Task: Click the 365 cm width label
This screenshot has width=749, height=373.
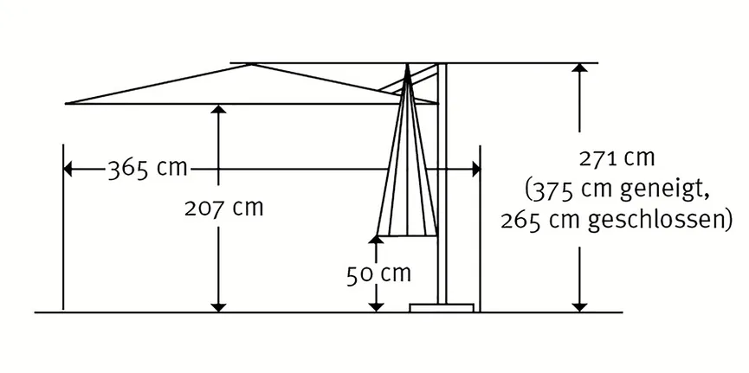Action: [x=147, y=169]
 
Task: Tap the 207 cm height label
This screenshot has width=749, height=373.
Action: [x=224, y=208]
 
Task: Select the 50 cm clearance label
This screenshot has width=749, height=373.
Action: [x=378, y=274]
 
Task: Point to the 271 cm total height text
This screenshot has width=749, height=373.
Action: [x=617, y=158]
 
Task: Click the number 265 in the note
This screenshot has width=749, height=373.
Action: [x=522, y=220]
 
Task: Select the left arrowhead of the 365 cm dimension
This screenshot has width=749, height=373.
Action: [x=68, y=169]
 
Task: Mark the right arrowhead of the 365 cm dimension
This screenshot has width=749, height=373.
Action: [x=476, y=169]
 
